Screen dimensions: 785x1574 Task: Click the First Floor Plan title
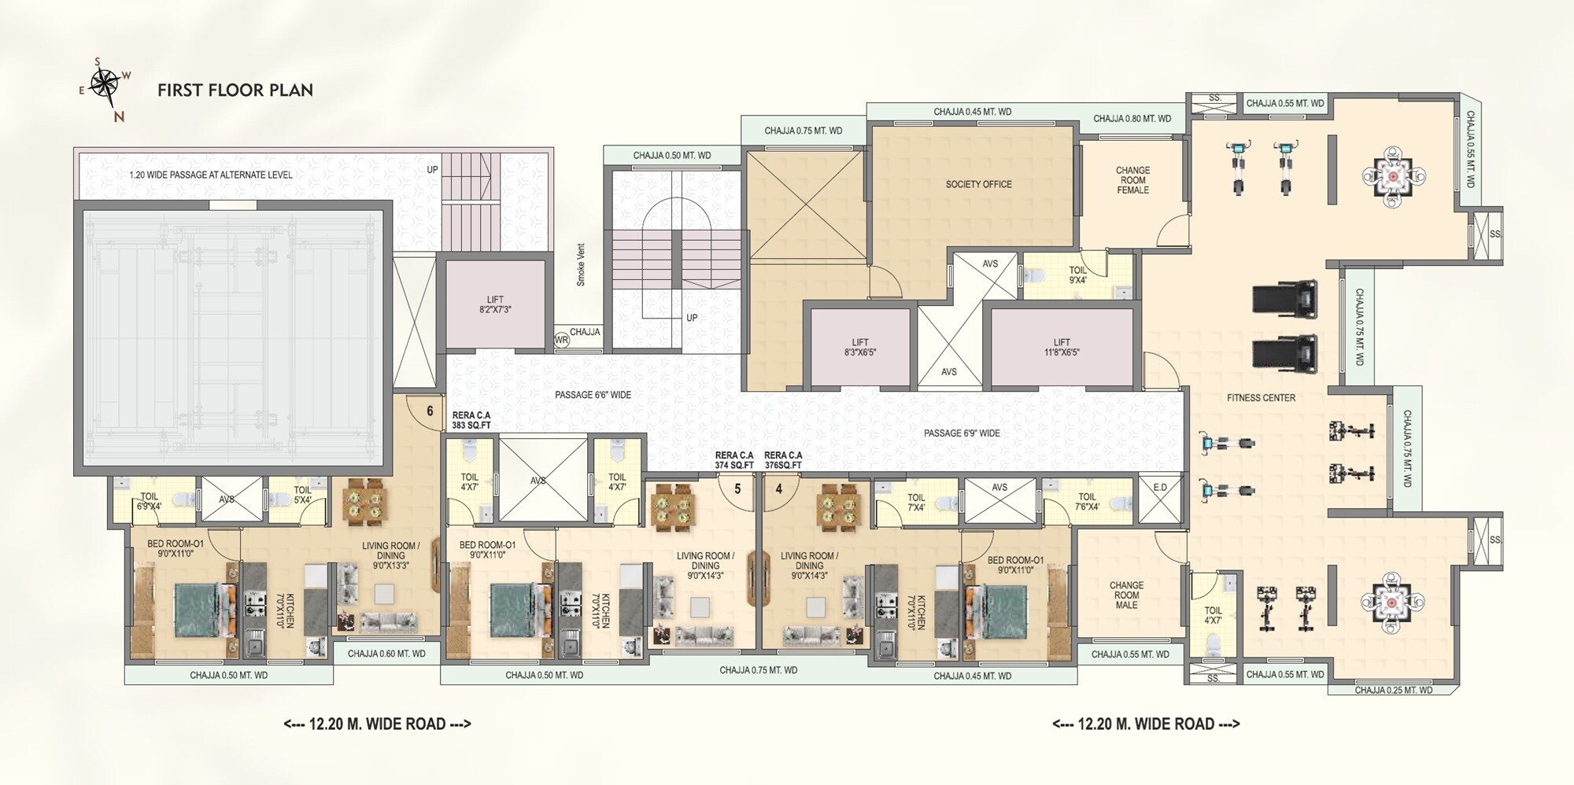[x=235, y=90]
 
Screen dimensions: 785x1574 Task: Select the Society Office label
[x=978, y=184]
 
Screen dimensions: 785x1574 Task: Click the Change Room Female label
[x=1132, y=180]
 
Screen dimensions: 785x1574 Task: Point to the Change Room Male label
[x=1126, y=595]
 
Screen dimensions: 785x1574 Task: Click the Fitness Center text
[x=1261, y=398]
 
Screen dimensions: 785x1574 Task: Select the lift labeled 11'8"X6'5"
[x=1062, y=348]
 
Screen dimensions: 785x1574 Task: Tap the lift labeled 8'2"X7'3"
[x=495, y=304]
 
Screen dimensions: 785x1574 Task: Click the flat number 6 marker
[x=430, y=411]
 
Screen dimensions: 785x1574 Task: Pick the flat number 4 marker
[x=779, y=488]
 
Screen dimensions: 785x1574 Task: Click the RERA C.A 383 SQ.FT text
[x=471, y=421]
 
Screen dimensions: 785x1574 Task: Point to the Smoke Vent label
[x=581, y=265]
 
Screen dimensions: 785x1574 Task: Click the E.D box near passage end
[x=1160, y=488]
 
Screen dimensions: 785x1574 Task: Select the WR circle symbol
[x=561, y=341]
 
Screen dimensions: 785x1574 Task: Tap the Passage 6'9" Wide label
[x=962, y=433]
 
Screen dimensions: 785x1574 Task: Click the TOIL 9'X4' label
[x=1077, y=275]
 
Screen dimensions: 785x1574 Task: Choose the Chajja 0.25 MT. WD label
[x=1393, y=691]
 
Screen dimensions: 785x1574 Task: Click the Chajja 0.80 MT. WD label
[x=1132, y=120]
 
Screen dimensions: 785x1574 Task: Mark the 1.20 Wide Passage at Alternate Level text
[x=211, y=175]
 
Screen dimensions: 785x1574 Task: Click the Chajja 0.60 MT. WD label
[x=386, y=654]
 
